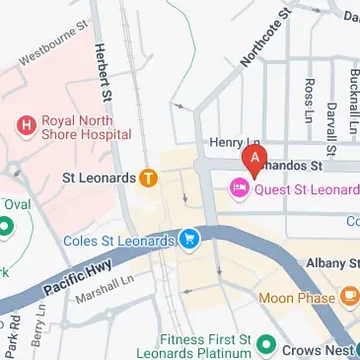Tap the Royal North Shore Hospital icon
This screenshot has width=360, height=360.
point(27,125)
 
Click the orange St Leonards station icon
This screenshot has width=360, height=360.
point(148,179)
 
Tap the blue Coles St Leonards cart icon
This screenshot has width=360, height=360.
point(188,238)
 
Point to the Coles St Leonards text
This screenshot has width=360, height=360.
point(118,238)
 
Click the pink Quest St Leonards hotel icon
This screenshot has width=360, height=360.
point(239,186)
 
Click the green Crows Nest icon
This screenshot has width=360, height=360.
point(264,345)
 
